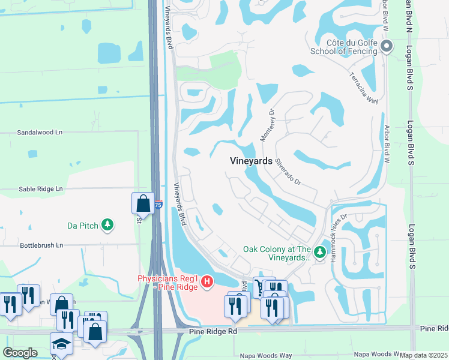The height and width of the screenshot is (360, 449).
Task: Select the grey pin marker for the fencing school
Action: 387,46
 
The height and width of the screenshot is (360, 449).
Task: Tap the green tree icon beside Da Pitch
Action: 107,225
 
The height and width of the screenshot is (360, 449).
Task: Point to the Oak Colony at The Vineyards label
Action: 277,253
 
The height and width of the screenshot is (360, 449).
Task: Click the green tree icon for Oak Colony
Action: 320,250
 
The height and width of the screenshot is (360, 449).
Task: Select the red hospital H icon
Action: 207,281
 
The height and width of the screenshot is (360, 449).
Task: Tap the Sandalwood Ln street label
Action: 40,132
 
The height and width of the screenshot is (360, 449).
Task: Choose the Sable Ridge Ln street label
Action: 40,188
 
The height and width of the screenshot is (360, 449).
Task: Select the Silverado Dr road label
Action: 288,171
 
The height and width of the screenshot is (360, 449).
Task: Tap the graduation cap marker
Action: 61,344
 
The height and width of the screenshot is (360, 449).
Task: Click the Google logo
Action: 20,353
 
